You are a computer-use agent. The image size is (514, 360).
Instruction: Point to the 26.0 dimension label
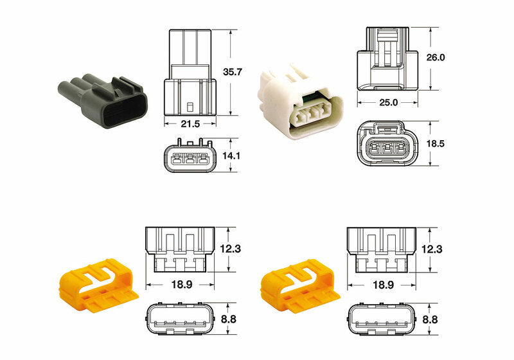click(436, 57)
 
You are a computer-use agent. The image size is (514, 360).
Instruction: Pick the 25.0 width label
click(388, 102)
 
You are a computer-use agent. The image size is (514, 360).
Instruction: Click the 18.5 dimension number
click(436, 143)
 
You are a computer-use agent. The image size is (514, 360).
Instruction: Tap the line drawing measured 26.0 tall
click(388, 59)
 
